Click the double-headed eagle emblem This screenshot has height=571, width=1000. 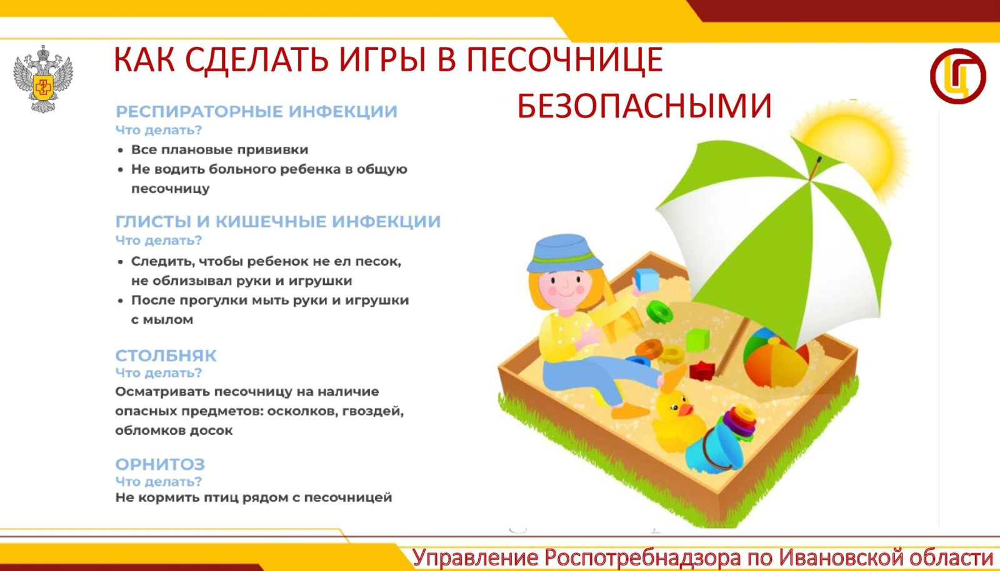[x=43, y=79]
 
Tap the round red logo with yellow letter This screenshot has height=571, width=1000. [x=958, y=76]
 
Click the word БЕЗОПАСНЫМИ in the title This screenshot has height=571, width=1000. [x=644, y=106]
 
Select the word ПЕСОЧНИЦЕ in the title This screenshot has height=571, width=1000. [x=565, y=59]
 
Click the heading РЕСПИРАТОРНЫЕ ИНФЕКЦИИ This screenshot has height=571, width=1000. [x=256, y=112]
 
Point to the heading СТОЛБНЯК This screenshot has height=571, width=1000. [x=166, y=355]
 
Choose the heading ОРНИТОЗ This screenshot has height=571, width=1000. [x=160, y=464]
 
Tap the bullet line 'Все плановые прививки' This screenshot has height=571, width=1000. [x=219, y=149]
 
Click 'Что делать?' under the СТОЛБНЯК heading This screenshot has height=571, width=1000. [x=159, y=372]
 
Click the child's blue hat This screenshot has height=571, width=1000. [x=564, y=254]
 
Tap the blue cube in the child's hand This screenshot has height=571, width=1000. [x=647, y=280]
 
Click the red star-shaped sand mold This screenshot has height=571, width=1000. [x=702, y=370]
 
